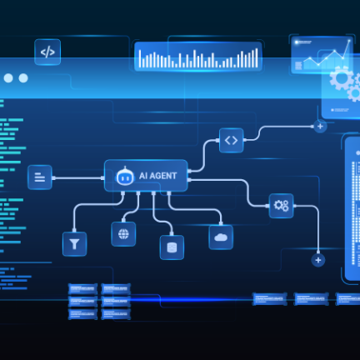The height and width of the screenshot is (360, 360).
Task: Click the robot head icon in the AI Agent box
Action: coord(125,176)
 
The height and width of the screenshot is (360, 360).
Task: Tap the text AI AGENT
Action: coord(157,176)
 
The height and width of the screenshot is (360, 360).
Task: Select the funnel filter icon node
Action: coord(74,244)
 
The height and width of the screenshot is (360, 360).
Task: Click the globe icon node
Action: coord(123,234)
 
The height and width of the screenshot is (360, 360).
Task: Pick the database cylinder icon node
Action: coord(172,247)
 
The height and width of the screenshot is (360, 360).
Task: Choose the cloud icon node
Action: coord(221,237)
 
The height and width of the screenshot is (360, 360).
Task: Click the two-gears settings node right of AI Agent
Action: coord(281,206)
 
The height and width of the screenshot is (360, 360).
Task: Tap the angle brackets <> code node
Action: coord(232,140)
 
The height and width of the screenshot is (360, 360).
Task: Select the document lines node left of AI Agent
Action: coord(40,177)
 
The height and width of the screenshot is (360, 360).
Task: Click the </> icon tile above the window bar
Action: coord(47,52)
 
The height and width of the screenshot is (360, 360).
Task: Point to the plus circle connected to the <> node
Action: coord(320,127)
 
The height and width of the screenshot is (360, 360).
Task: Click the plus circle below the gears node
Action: coord(318,260)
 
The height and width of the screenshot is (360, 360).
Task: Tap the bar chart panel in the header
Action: coord(198,57)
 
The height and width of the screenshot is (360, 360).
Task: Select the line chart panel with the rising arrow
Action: coord(321,54)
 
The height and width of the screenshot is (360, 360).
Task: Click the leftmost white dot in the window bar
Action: coord(8,78)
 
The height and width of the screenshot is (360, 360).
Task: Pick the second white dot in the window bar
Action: coord(23,78)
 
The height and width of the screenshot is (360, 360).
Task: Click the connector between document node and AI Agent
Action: coord(78,177)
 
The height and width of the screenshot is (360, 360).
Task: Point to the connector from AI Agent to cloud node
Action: coord(195,209)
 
